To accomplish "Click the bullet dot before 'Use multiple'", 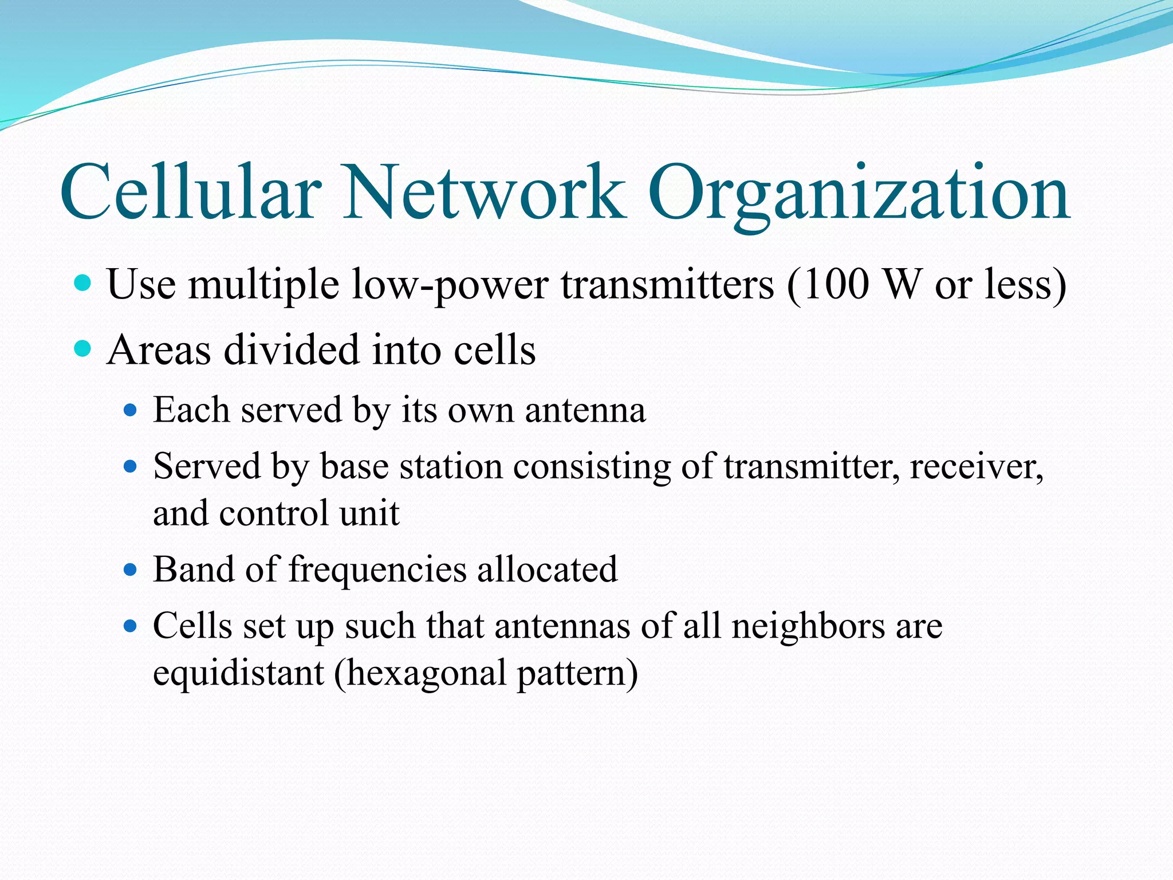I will [x=83, y=283].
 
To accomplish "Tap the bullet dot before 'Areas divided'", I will [x=83, y=348].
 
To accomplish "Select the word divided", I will [x=292, y=349].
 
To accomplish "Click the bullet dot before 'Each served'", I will [x=131, y=410].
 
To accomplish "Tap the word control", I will [x=275, y=513].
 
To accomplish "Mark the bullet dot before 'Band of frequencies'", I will [x=131, y=569].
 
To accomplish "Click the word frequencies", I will [x=378, y=571].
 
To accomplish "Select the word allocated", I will [x=547, y=569].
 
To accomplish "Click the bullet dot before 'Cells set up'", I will [x=131, y=626].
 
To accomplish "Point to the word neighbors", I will [x=808, y=626].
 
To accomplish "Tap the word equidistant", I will [x=238, y=673].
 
